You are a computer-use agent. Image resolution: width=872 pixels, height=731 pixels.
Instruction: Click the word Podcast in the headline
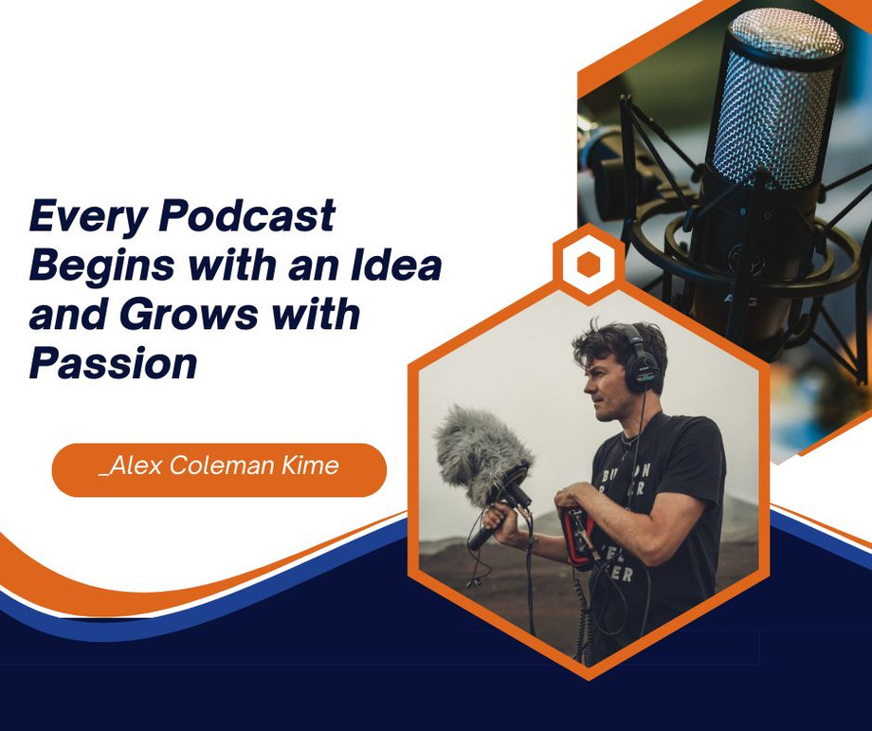pyautogui.click(x=247, y=217)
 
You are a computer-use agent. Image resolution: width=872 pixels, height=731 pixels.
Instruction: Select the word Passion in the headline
pyautogui.click(x=113, y=363)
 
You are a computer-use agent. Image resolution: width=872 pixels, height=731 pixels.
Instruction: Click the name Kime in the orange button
pyautogui.click(x=310, y=466)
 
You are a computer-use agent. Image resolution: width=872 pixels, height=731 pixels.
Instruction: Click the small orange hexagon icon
pyautogui.click(x=589, y=265)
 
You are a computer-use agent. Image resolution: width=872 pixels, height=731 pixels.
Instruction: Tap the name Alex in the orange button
pyautogui.click(x=133, y=466)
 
